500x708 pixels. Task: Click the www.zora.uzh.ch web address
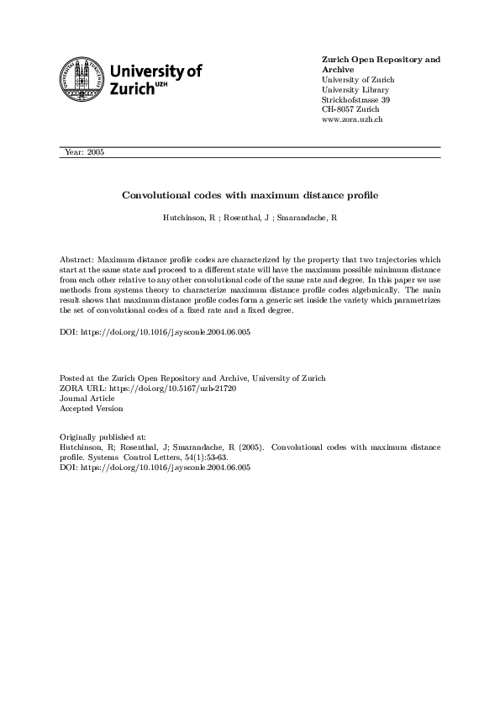pos(353,120)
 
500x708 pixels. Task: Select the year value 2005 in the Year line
pos(94,152)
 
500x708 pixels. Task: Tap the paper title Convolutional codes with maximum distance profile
pos(250,195)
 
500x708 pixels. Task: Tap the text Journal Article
pos(87,399)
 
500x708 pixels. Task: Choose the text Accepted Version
pos(91,409)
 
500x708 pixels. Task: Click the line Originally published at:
pos(103,438)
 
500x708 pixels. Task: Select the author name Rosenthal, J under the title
pos(247,218)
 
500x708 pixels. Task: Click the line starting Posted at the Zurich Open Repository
pos(192,378)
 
